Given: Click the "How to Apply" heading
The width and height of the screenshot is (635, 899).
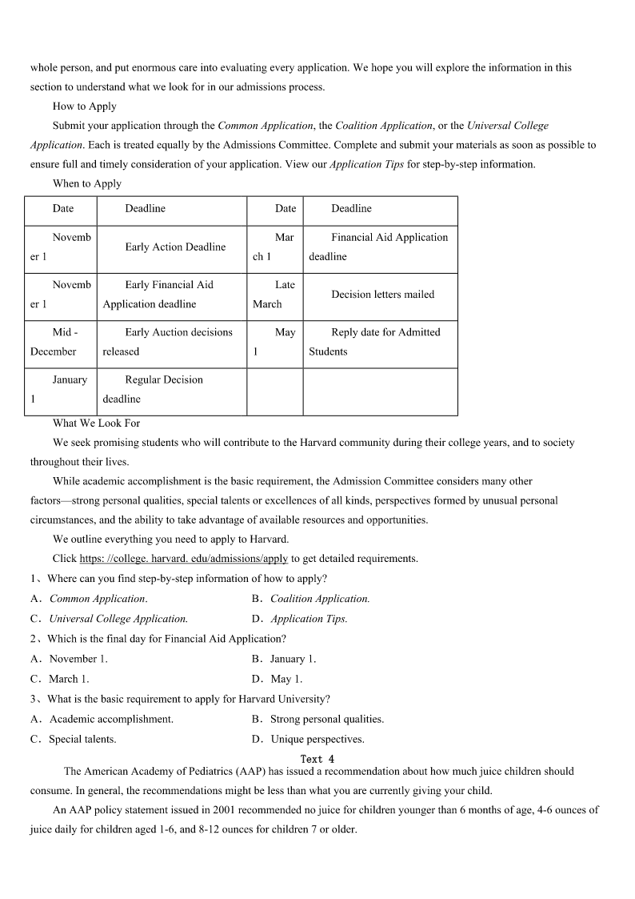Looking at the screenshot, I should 84,106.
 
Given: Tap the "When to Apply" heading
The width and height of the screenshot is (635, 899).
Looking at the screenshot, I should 86,183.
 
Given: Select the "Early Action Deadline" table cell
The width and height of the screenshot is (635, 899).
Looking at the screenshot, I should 175,247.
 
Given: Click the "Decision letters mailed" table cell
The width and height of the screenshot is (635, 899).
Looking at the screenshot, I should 382,295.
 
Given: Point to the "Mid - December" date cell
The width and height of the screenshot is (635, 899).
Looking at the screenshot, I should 61,342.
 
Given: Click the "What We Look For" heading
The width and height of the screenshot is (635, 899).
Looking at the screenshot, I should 96,423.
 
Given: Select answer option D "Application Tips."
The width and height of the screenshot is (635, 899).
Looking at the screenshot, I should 309,619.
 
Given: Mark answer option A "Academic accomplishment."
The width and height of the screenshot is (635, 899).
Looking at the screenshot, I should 110,719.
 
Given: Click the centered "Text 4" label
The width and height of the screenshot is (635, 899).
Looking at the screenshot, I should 317,759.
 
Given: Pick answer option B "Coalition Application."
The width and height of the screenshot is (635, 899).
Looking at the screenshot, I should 319,599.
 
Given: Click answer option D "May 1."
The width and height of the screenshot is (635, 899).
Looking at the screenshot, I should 286,679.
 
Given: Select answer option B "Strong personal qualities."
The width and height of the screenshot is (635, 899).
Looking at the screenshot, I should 326,719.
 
